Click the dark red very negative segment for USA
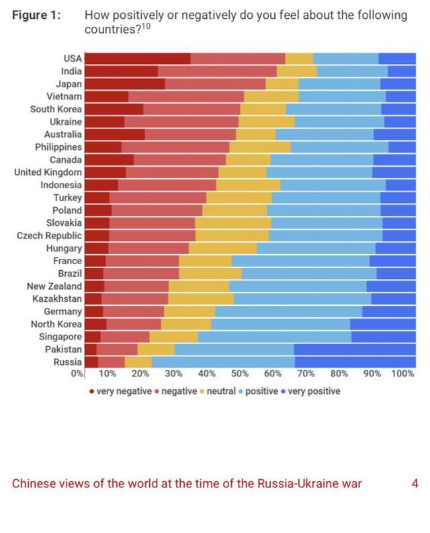(138, 58)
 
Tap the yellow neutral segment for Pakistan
(156, 350)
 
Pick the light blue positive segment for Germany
(289, 312)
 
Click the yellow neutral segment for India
(296, 71)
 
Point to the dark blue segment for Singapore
(384, 337)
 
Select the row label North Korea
(56, 324)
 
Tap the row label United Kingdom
(48, 172)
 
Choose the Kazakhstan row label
(57, 298)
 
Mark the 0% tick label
(78, 374)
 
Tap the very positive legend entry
(314, 391)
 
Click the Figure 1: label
(37, 15)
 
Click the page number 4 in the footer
(415, 484)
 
